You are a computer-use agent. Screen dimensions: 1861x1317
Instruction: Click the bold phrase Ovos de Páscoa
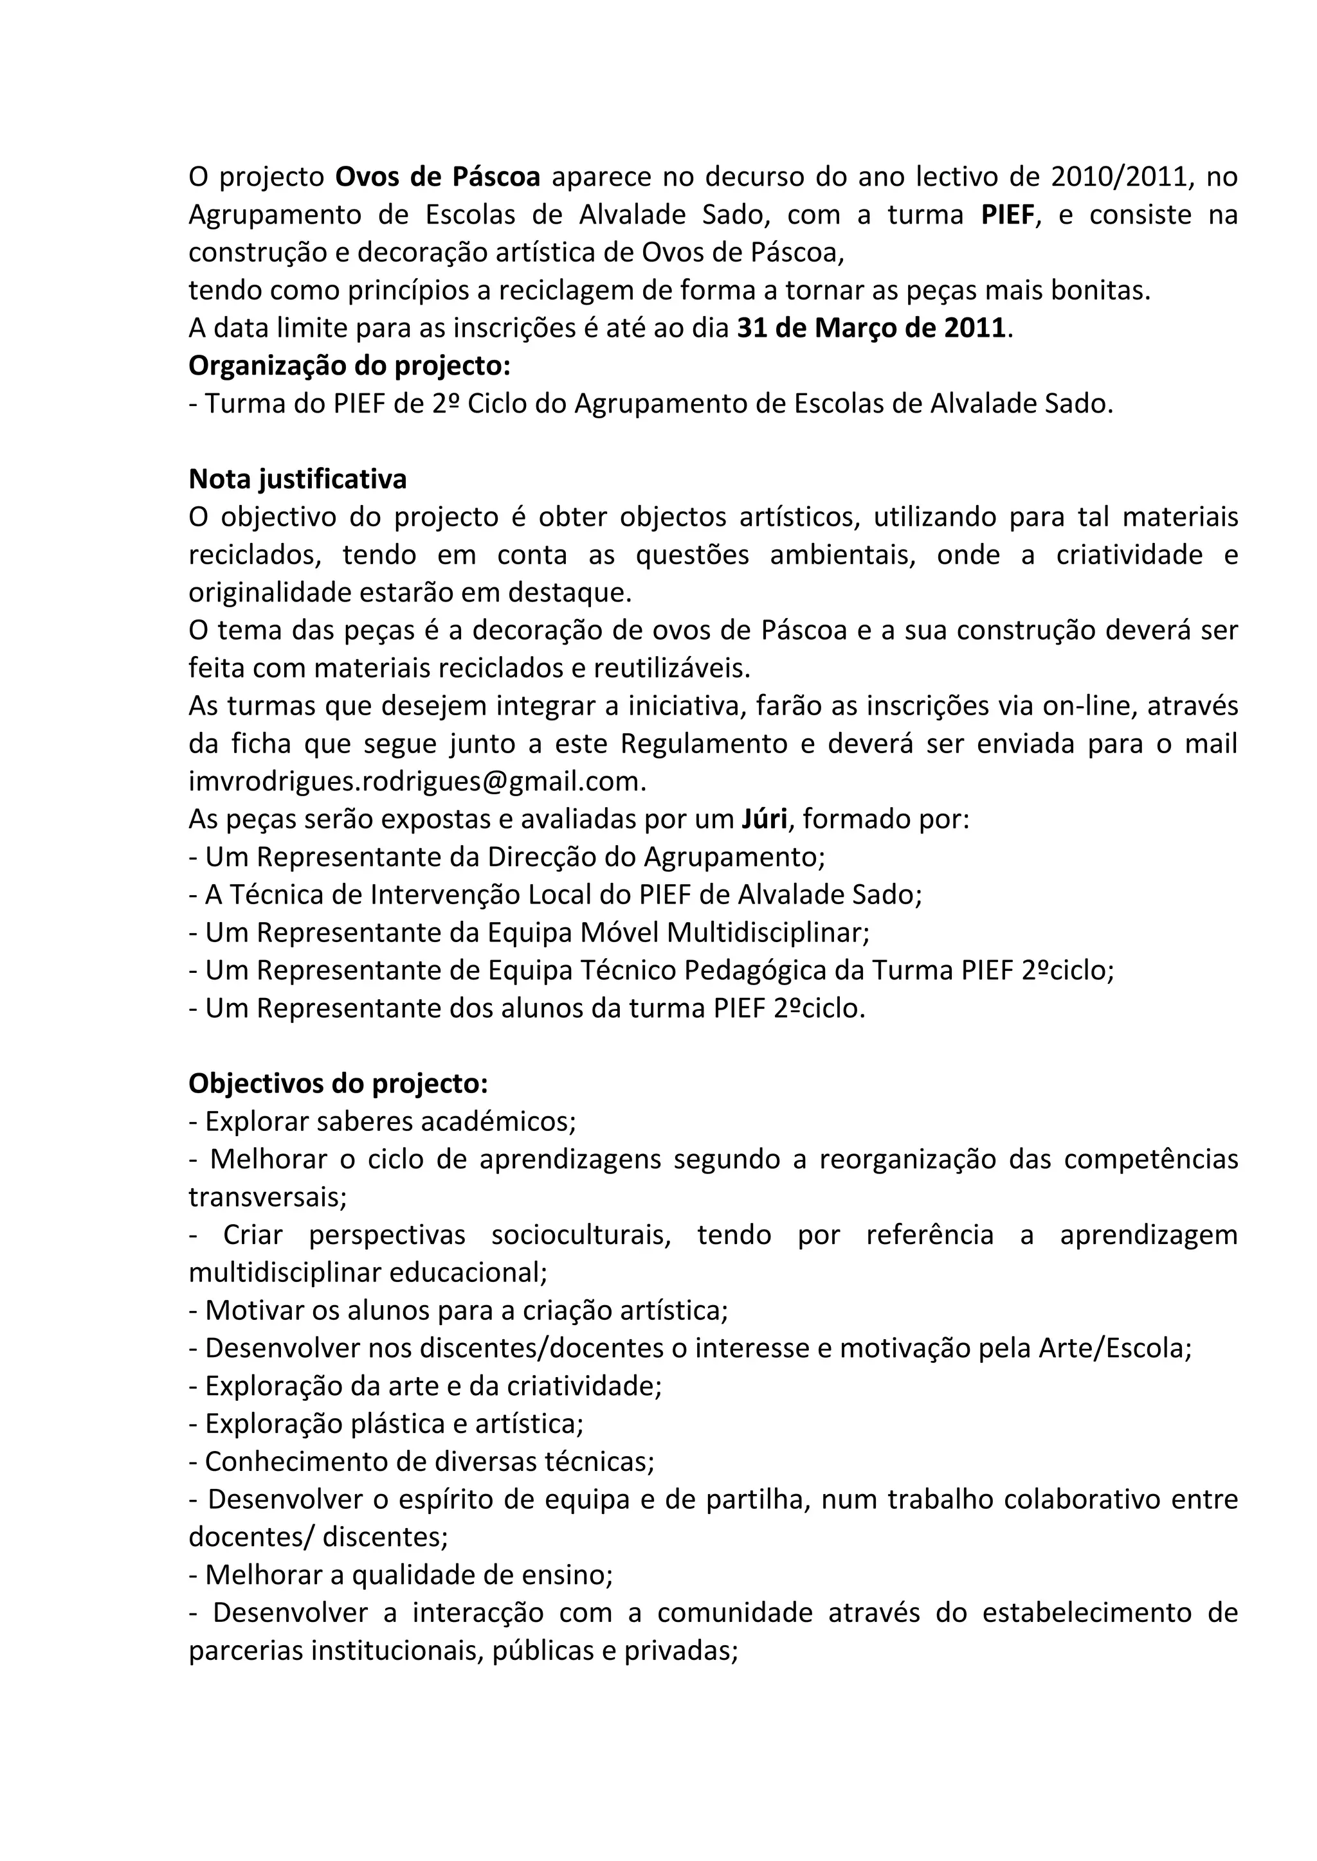click(438, 177)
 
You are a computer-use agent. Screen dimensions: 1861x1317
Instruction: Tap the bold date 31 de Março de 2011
click(871, 328)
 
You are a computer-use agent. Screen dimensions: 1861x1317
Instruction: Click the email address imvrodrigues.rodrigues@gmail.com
click(417, 781)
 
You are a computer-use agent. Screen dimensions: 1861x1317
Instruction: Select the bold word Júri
click(764, 819)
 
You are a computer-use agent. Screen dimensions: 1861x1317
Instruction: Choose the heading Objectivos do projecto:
click(338, 1083)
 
